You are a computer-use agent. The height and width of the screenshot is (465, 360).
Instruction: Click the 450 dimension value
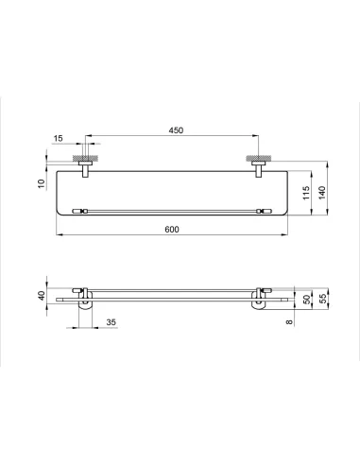point(176,130)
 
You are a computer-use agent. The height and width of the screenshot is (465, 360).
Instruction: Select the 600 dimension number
point(172,229)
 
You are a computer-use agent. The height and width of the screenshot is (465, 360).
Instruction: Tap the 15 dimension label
point(58,138)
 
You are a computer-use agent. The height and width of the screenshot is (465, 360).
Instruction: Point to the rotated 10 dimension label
point(42,183)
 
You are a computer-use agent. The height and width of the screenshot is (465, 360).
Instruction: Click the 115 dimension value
point(306,193)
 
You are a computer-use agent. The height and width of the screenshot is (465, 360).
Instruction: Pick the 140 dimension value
point(321,193)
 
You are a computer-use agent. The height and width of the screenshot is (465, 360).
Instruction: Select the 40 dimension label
point(42,296)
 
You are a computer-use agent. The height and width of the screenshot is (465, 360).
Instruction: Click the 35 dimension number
point(111,322)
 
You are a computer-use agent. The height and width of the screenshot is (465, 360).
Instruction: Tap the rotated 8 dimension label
point(289,322)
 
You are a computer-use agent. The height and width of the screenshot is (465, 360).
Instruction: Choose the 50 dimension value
point(306,299)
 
